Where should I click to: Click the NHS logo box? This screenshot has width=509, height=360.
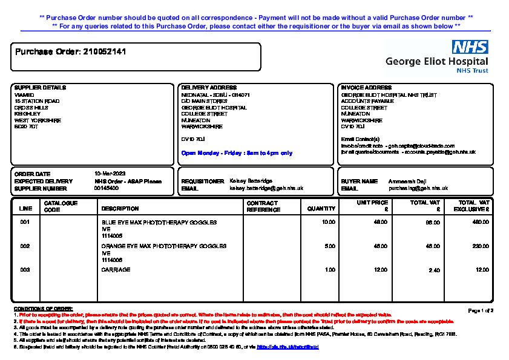click(470, 47)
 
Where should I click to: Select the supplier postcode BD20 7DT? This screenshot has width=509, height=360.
click(26, 127)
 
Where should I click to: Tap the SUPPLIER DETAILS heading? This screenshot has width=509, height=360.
click(40, 88)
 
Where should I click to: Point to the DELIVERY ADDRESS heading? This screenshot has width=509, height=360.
click(209, 88)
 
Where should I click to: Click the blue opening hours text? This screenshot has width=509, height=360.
click(237, 153)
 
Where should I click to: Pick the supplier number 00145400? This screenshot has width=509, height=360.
click(107, 188)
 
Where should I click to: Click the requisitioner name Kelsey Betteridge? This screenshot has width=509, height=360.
click(251, 181)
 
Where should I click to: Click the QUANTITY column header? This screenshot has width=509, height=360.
click(321, 209)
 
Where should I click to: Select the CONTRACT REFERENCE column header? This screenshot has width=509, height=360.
click(263, 206)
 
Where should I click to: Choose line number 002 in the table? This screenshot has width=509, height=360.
click(25, 246)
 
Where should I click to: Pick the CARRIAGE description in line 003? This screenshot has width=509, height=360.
click(116, 270)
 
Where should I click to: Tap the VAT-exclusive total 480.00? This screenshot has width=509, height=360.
click(480, 223)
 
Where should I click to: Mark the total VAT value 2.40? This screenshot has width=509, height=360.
click(434, 270)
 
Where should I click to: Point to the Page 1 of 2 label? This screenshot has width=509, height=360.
click(481, 310)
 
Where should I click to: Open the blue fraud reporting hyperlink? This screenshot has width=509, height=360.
click(287, 347)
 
